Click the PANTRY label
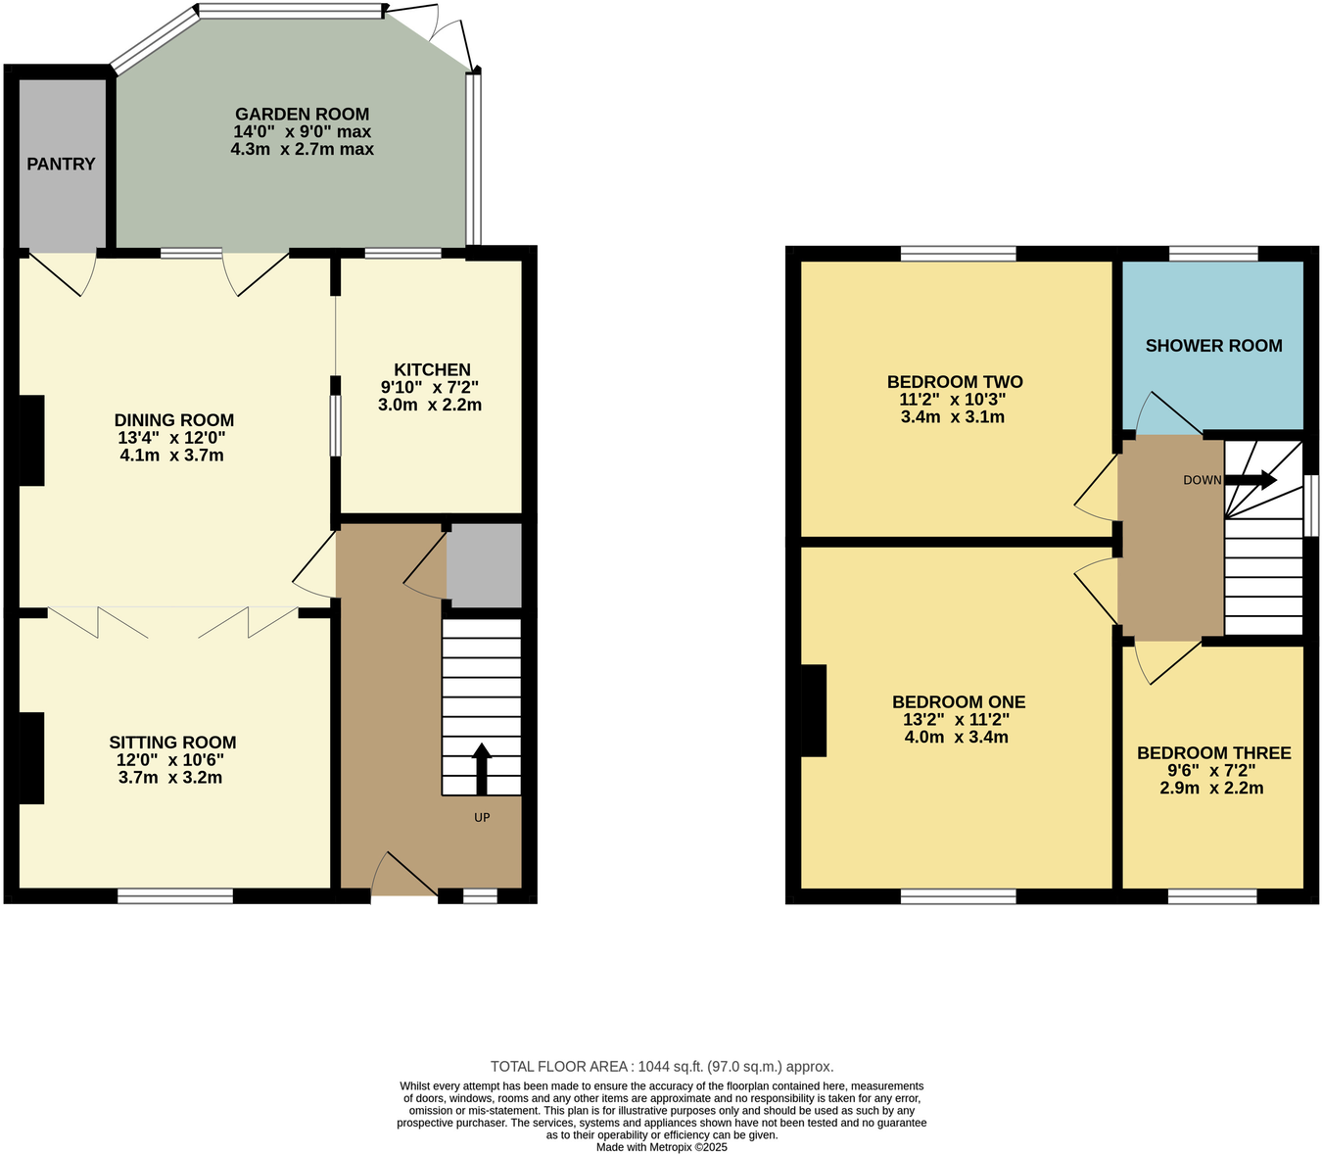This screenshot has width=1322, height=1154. pos(61,164)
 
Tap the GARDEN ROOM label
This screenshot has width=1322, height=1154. pos(302,114)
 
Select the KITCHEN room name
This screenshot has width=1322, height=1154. pos(432,369)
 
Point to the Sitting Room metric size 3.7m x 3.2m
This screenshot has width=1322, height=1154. pos(171,778)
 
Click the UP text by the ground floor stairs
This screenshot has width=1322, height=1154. pos(482,817)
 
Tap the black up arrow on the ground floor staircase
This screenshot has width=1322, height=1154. pos(482,768)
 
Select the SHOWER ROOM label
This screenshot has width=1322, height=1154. pos(1213,345)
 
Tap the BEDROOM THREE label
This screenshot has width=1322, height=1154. pos(1213,752)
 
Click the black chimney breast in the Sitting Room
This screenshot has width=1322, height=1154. pos(31,758)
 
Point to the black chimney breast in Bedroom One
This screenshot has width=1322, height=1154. pos(814,710)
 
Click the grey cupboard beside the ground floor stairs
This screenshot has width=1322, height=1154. pos(484,565)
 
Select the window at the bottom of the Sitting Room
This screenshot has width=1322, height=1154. pos(175,895)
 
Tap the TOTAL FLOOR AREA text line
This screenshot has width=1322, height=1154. pos(661,1067)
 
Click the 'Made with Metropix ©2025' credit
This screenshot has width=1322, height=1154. pos(661,1147)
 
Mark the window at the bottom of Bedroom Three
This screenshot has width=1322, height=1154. pos(1212,895)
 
